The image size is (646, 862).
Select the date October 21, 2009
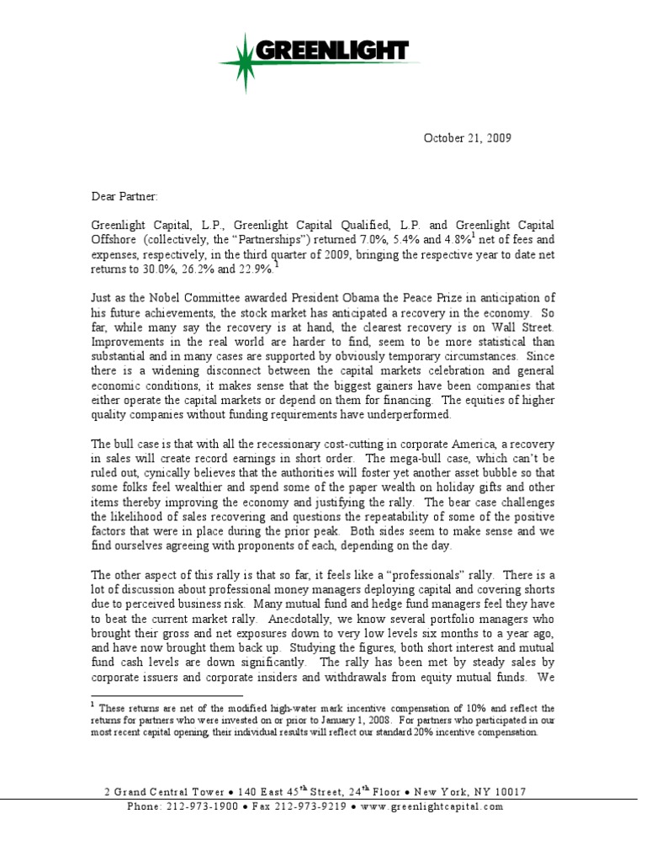[x=467, y=137]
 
